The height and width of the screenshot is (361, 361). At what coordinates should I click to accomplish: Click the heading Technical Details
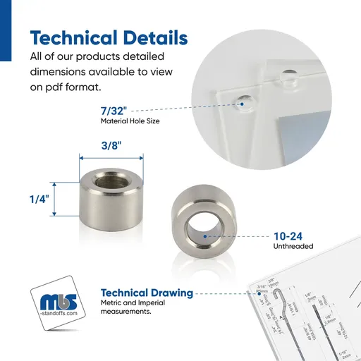[109, 37]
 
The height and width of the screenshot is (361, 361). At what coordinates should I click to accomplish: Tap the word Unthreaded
[293, 247]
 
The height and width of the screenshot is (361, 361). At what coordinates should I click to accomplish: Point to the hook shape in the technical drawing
[279, 298]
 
